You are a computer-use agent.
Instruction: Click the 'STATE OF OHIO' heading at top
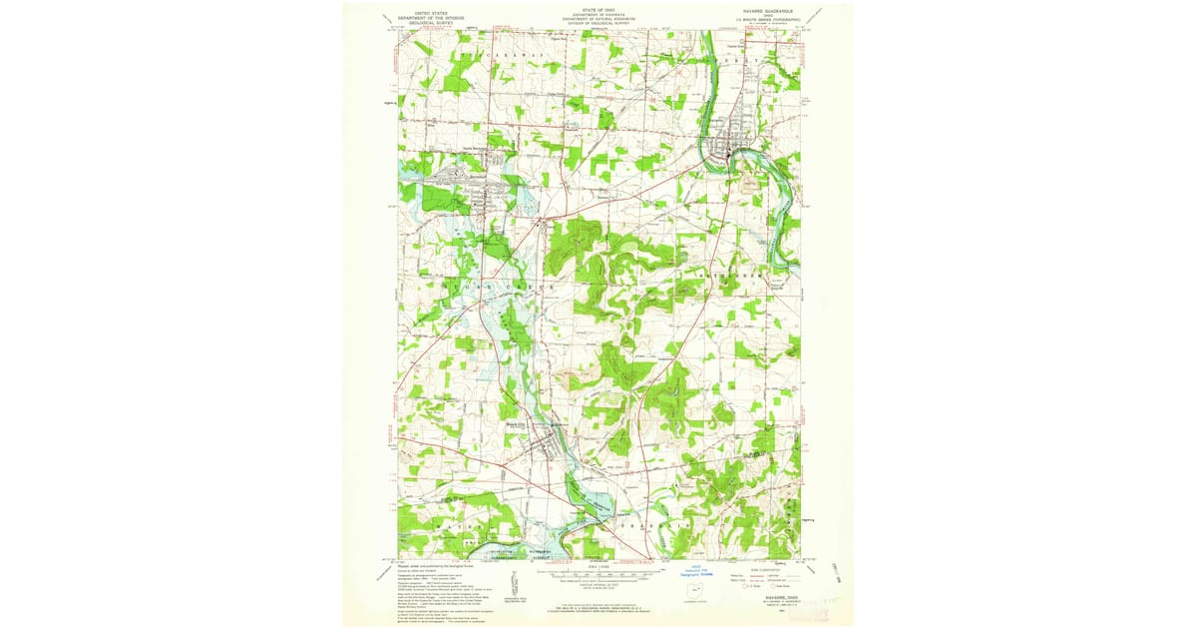point(598,8)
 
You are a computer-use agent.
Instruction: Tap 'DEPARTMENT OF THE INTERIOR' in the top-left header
point(431,13)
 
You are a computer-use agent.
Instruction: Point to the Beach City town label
point(515,422)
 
